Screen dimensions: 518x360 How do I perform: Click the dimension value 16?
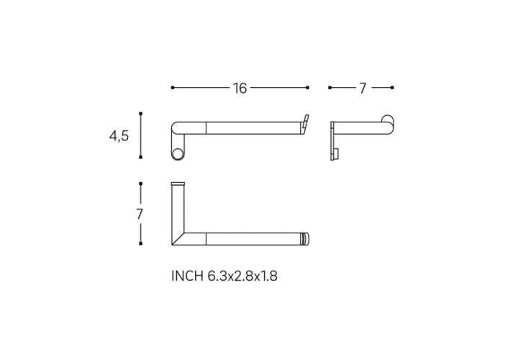click(x=240, y=89)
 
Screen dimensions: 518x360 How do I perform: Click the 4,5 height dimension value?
click(x=119, y=136)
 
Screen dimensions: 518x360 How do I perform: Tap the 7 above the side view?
click(x=363, y=89)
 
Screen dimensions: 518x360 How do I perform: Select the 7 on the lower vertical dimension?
click(x=140, y=215)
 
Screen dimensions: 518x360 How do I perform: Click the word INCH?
click(x=187, y=276)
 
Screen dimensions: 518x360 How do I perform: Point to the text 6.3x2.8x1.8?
click(x=242, y=276)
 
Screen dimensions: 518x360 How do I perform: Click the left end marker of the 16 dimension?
click(x=173, y=88)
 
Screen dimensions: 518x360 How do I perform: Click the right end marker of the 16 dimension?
click(x=308, y=88)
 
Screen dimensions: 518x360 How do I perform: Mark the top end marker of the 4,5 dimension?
click(x=141, y=114)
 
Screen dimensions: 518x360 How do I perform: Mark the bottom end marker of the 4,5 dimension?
click(x=141, y=157)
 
